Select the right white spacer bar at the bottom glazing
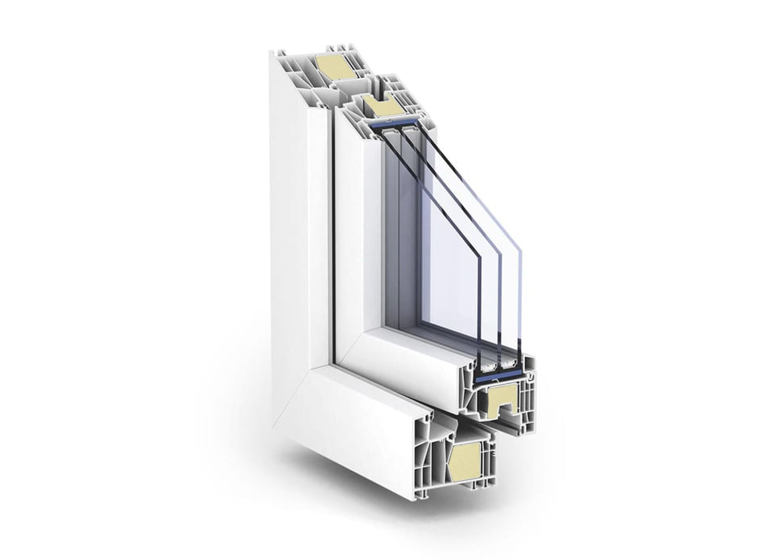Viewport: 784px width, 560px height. tap(509, 364)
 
